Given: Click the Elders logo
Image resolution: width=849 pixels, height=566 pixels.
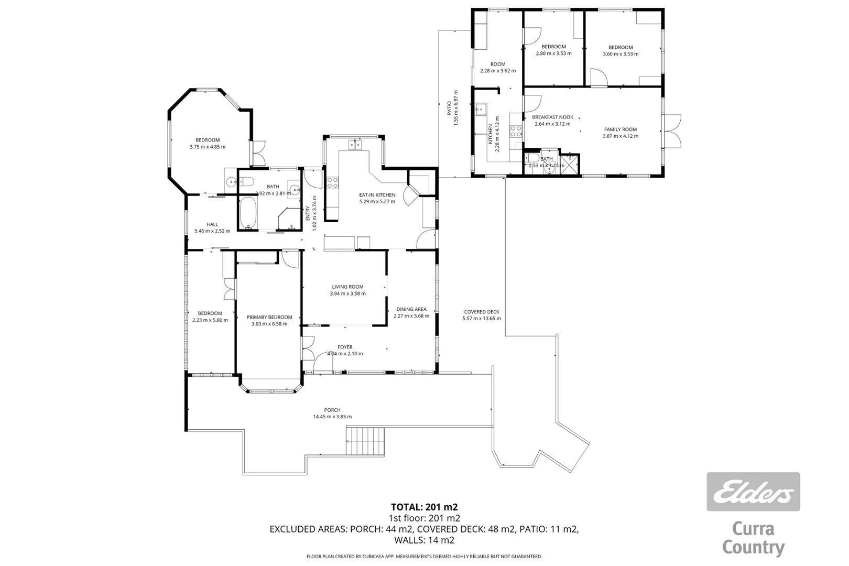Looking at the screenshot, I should pos(753,492).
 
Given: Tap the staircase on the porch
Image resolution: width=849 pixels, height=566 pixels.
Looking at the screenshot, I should pos(366,441).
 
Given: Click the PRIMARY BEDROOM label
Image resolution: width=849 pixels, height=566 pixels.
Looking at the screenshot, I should pos(269,317).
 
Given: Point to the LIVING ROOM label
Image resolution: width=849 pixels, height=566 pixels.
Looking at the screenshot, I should pos(347,287).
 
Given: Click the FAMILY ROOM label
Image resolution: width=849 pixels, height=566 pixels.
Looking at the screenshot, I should pos(621,129).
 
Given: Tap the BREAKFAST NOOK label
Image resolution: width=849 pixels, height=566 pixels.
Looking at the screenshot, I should pos(552,117).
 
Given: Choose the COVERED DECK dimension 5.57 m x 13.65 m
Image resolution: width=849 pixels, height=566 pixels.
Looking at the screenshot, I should pos(482,318).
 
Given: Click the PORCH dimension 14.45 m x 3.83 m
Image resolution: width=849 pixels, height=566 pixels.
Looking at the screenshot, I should pos(332,417).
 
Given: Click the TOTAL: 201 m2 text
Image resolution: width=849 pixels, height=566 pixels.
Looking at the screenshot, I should pos(424,507).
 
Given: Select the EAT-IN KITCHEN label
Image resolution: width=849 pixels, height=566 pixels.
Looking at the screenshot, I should pos(377,195).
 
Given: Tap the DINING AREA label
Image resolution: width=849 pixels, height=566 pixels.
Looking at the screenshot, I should pos(411,309).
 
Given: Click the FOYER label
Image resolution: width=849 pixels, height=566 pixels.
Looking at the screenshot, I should pos(345,347).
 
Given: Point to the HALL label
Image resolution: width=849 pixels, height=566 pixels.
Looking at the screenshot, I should pos(212,224).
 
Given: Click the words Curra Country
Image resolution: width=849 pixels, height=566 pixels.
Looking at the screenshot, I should pos(753,538).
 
